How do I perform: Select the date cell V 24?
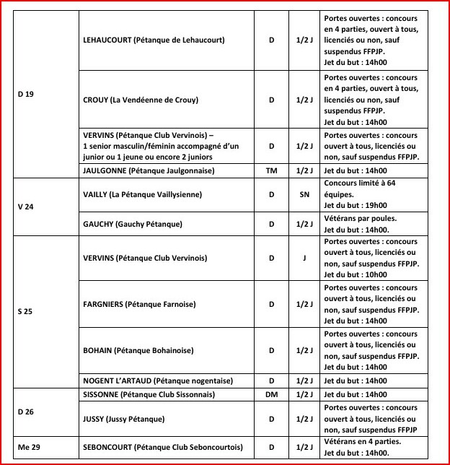pyautogui.click(x=26, y=206)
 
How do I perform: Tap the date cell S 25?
pyautogui.click(x=26, y=312)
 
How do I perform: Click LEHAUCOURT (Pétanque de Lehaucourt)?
pyautogui.click(x=154, y=40)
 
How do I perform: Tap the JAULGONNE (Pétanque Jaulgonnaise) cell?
pyautogui.click(x=149, y=170)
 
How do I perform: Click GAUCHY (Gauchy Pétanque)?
pyautogui.click(x=133, y=224)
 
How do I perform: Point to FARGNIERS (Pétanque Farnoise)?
pyautogui.click(x=139, y=305)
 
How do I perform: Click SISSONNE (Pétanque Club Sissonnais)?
pyautogui.click(x=149, y=395)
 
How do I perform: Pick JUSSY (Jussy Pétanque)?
pyautogui.click(x=124, y=419)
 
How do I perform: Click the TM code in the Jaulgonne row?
pyautogui.click(x=272, y=170)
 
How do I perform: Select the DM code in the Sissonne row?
pyautogui.click(x=272, y=395)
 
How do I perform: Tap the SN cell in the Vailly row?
pyautogui.click(x=304, y=194)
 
